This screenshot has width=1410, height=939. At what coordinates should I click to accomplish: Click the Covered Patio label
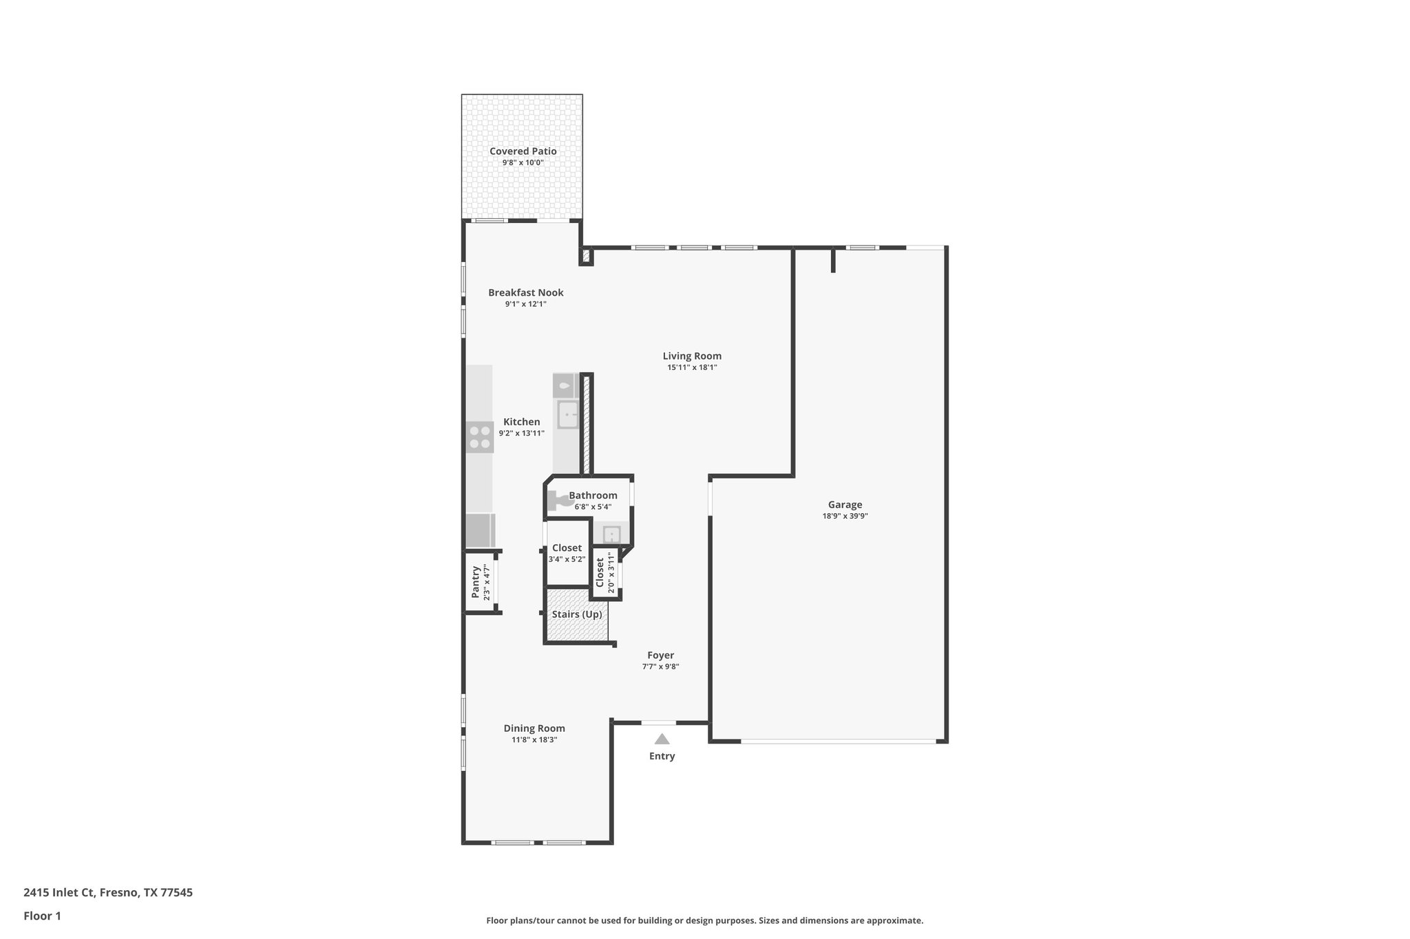(x=523, y=151)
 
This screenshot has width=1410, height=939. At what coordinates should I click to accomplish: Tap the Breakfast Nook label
(x=525, y=292)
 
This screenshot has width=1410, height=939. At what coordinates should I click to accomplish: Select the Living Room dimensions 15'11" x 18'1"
(x=692, y=367)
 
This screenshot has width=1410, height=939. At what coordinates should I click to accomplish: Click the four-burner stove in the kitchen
(x=480, y=437)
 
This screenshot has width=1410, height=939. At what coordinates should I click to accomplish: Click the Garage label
(x=845, y=504)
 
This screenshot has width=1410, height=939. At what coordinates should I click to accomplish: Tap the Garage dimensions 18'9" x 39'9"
(x=845, y=516)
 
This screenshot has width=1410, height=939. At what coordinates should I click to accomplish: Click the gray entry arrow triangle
(x=662, y=740)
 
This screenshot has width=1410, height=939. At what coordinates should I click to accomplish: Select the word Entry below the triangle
(x=662, y=756)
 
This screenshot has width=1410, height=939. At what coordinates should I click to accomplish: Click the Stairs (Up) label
(x=577, y=614)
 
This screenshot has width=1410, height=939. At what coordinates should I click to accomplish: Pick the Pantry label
(x=475, y=581)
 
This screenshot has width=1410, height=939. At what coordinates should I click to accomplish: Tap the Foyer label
(x=660, y=655)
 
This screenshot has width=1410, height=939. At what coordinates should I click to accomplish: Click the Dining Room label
(x=534, y=728)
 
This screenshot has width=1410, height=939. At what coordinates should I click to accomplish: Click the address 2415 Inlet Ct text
(x=108, y=892)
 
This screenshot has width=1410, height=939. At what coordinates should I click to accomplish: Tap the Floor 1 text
(x=42, y=916)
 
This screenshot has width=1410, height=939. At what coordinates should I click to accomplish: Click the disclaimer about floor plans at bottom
(x=704, y=920)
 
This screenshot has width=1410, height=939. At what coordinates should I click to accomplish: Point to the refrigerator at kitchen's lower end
(x=480, y=530)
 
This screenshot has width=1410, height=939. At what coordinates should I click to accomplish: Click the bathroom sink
(x=611, y=534)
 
